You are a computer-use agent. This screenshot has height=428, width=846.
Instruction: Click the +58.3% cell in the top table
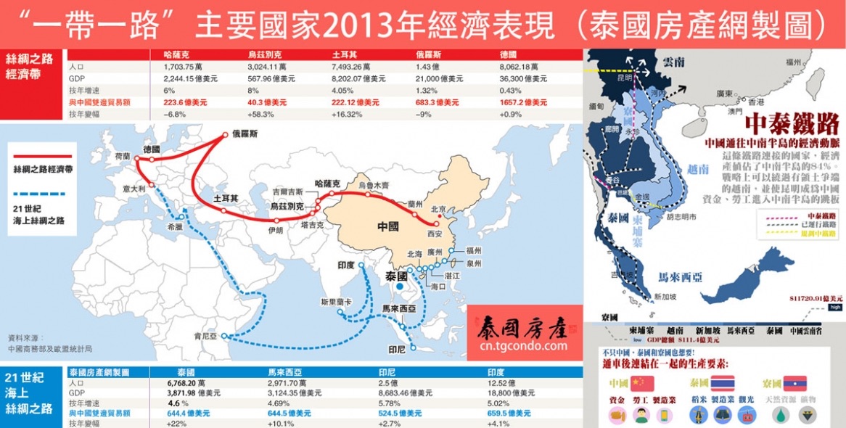[260, 114]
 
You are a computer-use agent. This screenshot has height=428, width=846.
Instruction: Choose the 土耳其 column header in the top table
[342, 54]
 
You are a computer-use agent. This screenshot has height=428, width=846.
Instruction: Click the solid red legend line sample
[43, 155]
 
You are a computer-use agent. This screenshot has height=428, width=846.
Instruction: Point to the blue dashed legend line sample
[43, 194]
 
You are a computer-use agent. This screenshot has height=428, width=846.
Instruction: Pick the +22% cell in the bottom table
[178, 423]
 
